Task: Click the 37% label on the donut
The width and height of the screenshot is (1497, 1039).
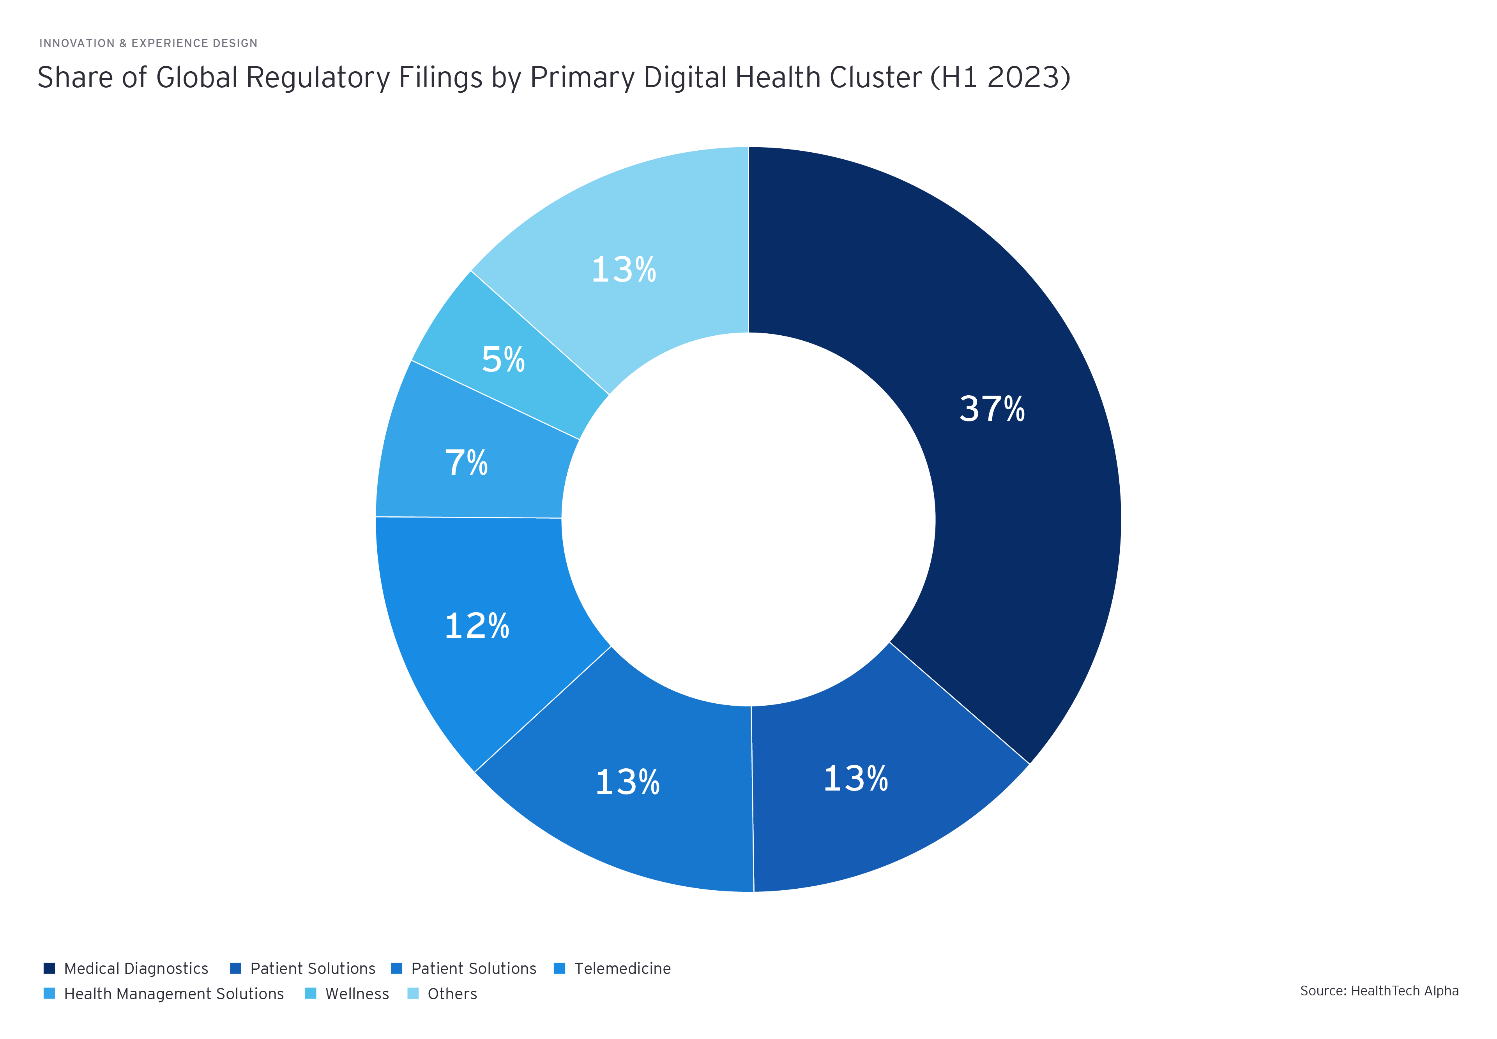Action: pyautogui.click(x=992, y=409)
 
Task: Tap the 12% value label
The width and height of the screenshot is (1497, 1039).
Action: pyautogui.click(x=477, y=626)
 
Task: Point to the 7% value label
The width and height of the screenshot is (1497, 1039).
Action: pyautogui.click(x=466, y=463)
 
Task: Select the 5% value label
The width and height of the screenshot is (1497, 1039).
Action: pyautogui.click(x=503, y=359)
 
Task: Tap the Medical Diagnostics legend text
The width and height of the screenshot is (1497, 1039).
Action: pyautogui.click(x=136, y=969)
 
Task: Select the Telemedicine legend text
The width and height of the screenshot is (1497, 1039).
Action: pyautogui.click(x=622, y=969)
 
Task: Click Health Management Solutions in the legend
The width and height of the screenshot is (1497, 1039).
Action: pyautogui.click(x=174, y=994)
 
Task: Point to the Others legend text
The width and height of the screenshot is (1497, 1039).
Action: pyautogui.click(x=452, y=994)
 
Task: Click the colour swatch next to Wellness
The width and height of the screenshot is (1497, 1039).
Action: pyautogui.click(x=311, y=993)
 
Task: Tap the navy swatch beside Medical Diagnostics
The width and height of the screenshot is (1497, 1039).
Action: pyautogui.click(x=49, y=968)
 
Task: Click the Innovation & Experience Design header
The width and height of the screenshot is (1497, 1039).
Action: pyautogui.click(x=148, y=44)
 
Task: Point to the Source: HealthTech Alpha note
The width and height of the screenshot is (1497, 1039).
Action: pyautogui.click(x=1379, y=991)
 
